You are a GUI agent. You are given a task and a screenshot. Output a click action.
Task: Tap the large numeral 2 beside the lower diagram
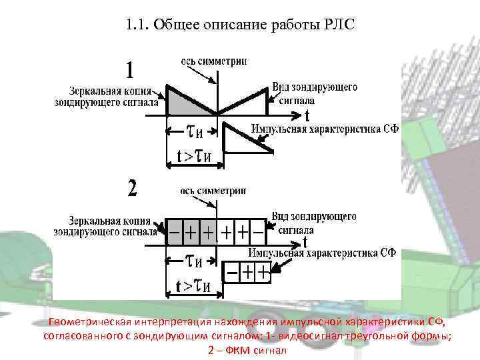pos(133,189)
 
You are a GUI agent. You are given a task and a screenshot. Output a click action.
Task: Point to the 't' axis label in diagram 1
pos(307,115)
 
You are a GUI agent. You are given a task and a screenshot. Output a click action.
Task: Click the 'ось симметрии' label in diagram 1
pos(213,61)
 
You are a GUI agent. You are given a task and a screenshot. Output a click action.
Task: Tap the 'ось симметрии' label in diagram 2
pos(213,190)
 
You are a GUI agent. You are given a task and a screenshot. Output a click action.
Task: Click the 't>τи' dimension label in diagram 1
pos(194,156)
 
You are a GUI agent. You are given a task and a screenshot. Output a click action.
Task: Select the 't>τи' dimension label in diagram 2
pos(193,286)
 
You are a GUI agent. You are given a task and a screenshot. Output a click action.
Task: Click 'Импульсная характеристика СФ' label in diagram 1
pos(324,129)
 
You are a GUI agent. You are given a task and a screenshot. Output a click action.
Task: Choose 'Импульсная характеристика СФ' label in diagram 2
pos(322,253)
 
